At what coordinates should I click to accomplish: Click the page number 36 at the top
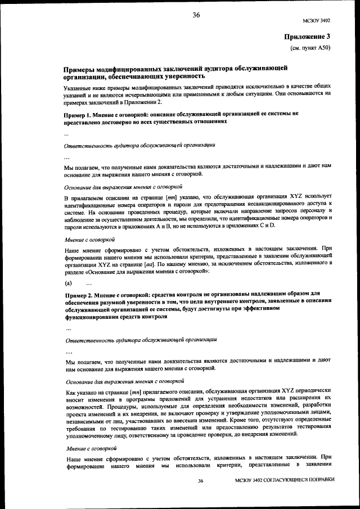[196, 15]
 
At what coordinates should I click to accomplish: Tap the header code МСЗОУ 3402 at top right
[316, 21]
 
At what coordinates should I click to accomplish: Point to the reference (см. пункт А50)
[310, 49]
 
